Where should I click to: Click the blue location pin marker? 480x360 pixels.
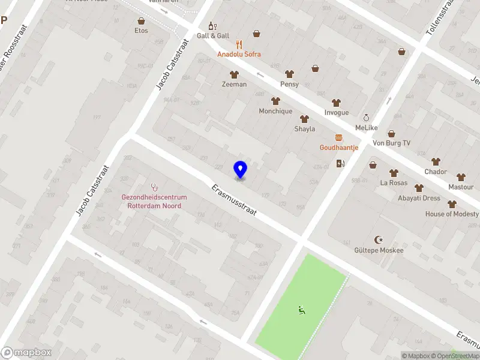pyautogui.click(x=240, y=170)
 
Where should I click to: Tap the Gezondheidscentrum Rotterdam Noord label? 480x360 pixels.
pyautogui.click(x=154, y=202)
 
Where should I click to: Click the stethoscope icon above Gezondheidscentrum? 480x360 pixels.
pyautogui.click(x=154, y=187)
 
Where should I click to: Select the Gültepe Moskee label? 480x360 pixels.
pyautogui.click(x=379, y=250)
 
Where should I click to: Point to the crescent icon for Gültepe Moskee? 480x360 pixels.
pyautogui.click(x=379, y=239)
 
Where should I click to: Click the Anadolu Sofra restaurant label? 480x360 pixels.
pyautogui.click(x=239, y=54)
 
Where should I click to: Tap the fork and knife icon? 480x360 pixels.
pyautogui.click(x=239, y=44)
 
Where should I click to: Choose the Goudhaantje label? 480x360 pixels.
pyautogui.click(x=339, y=148)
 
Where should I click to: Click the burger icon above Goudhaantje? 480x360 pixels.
pyautogui.click(x=339, y=137)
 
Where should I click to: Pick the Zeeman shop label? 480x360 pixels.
pyautogui.click(x=234, y=85)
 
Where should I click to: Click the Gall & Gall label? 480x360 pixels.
pyautogui.click(x=213, y=36)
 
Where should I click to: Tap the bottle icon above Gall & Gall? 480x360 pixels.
pyautogui.click(x=211, y=26)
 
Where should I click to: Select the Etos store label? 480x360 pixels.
pyautogui.click(x=141, y=31)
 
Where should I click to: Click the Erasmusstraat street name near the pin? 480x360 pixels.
pyautogui.click(x=234, y=200)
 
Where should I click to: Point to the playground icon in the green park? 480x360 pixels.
pyautogui.click(x=302, y=310)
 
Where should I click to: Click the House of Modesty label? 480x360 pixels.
pyautogui.click(x=452, y=214)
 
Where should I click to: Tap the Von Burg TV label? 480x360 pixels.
pyautogui.click(x=392, y=143)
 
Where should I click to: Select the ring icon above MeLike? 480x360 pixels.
pyautogui.click(x=366, y=118)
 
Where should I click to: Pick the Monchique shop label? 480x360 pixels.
pyautogui.click(x=275, y=111)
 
